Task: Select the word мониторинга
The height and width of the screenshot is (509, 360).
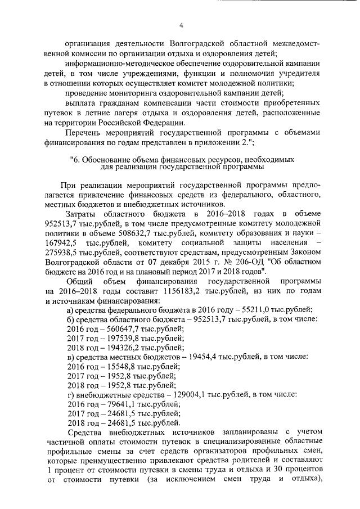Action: (x=124, y=92)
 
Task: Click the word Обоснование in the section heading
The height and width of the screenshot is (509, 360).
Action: (x=106, y=160)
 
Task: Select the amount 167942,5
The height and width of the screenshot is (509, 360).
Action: (x=62, y=246)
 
